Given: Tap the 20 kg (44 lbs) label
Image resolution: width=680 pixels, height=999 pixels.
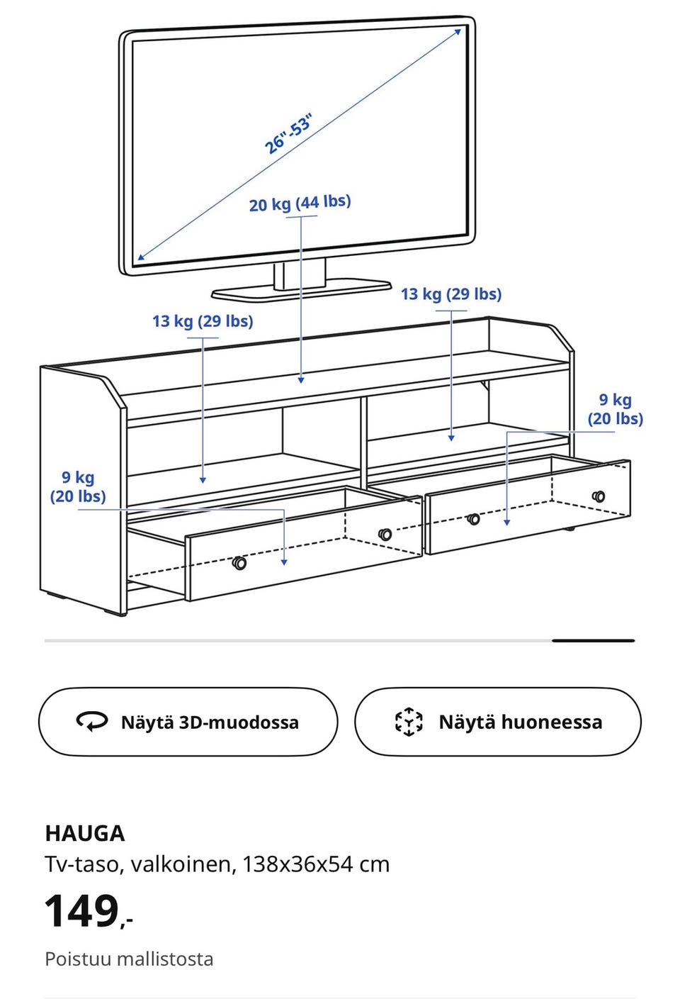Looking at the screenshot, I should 300,203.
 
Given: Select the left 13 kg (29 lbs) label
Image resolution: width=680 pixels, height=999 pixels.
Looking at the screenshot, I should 203,321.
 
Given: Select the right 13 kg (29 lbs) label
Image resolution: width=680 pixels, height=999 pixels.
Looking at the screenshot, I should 451,294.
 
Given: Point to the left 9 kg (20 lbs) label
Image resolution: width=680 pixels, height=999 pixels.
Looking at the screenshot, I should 78,487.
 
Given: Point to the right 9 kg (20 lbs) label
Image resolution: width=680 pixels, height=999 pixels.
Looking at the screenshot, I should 615,409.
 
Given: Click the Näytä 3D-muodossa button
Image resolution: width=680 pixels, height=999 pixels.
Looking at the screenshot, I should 188,722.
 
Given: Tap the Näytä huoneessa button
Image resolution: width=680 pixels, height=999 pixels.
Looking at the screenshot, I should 497,722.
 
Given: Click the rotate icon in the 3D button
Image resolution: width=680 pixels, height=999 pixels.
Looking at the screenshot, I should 92,722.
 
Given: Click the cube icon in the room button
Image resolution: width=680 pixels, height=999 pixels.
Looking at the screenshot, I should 409,722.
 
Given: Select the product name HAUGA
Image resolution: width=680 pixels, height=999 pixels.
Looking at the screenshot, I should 85,833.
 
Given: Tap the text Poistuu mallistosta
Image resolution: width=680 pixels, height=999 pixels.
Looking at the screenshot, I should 129,959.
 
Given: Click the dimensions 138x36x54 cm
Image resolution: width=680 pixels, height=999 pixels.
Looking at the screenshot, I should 316,864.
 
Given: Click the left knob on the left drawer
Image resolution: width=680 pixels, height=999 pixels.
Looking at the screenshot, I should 239,563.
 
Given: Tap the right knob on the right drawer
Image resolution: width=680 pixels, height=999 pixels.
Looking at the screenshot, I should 599,496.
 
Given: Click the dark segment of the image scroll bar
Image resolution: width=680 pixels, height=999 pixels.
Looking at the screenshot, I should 593,640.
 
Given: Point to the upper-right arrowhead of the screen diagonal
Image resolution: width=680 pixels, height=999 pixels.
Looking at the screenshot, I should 458,31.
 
